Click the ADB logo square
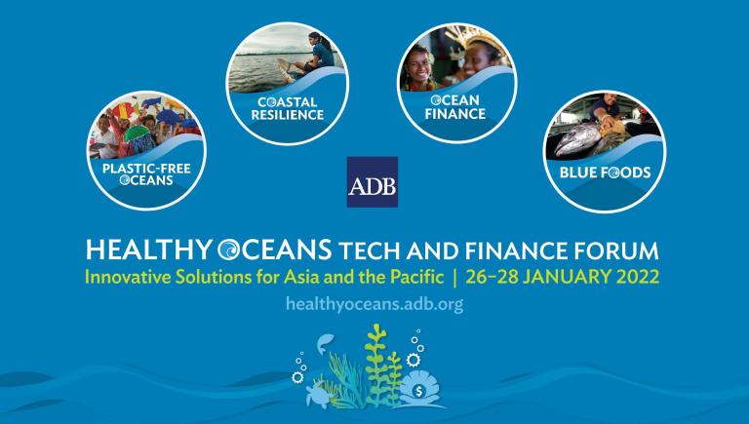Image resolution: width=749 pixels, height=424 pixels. pos(373,182)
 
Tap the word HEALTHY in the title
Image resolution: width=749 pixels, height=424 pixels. pos(148,250)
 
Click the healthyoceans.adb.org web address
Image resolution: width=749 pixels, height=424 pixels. pos(374,304)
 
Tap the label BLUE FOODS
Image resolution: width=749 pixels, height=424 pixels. pos(605,172)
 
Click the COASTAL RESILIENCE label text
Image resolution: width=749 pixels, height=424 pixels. pos(288,108)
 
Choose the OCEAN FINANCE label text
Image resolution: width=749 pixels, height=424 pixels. pos(455,107)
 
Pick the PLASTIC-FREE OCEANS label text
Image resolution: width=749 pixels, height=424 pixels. pos(146,174)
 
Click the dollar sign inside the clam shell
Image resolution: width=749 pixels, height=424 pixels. pos(419,392)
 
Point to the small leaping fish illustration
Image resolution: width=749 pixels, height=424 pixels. pos(325,343)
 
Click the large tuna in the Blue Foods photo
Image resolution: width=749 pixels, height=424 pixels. pos(579,138)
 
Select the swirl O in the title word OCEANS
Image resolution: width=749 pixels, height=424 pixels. pos(229,250)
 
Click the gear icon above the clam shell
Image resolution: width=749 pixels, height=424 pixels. pos(413,360)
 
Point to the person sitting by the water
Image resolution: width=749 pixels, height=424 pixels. pos(315,54)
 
